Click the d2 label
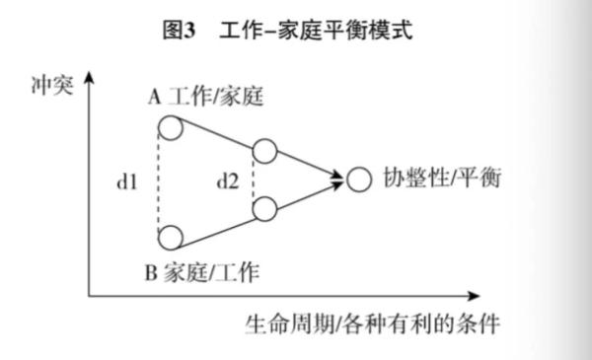(x=228, y=181)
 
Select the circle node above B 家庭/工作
(x=169, y=238)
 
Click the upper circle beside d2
(x=263, y=152)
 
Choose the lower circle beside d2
(x=263, y=209)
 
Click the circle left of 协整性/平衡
(x=359, y=180)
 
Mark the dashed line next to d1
(x=158, y=182)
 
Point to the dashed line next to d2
(x=254, y=180)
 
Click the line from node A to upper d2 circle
(x=216, y=139)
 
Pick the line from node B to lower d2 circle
(x=216, y=224)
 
